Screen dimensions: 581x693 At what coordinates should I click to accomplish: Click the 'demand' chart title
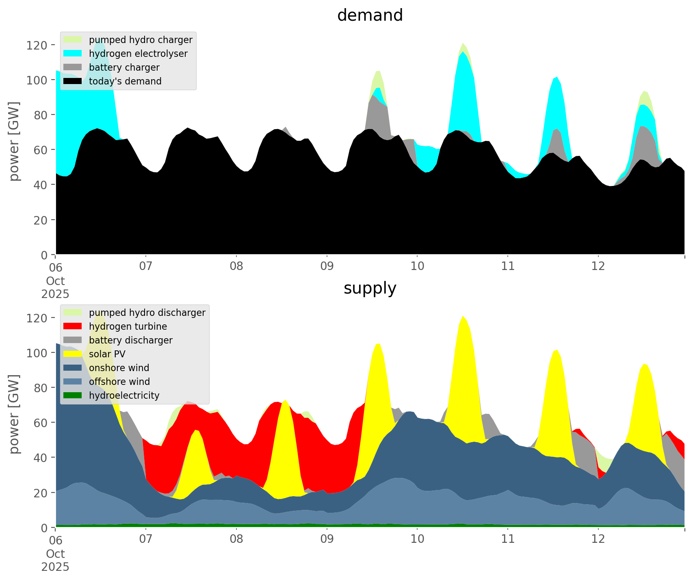(370, 15)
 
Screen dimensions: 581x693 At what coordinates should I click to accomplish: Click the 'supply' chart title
(370, 288)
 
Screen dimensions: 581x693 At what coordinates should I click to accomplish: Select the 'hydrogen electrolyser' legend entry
(138, 54)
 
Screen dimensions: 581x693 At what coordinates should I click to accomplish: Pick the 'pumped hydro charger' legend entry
(141, 40)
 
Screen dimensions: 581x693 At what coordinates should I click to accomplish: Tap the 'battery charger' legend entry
(124, 67)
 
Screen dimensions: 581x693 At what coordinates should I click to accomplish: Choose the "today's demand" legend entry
(125, 81)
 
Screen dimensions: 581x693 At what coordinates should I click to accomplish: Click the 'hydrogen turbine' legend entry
(128, 326)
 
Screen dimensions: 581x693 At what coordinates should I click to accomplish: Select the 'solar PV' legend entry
(107, 354)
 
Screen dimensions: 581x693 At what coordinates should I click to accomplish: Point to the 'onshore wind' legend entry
(119, 368)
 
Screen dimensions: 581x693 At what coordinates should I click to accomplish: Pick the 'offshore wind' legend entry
(119, 382)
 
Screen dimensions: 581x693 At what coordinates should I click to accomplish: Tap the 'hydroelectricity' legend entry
(124, 395)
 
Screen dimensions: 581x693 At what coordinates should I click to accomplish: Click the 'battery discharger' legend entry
(130, 340)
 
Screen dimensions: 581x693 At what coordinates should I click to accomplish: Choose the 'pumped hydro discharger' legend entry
(147, 313)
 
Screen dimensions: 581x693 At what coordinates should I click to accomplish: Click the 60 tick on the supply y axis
(41, 423)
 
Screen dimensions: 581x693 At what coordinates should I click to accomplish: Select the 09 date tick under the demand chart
(327, 267)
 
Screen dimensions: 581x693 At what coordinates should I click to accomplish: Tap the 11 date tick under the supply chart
(508, 540)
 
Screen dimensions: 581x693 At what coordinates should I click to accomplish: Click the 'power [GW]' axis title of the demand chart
(14, 141)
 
